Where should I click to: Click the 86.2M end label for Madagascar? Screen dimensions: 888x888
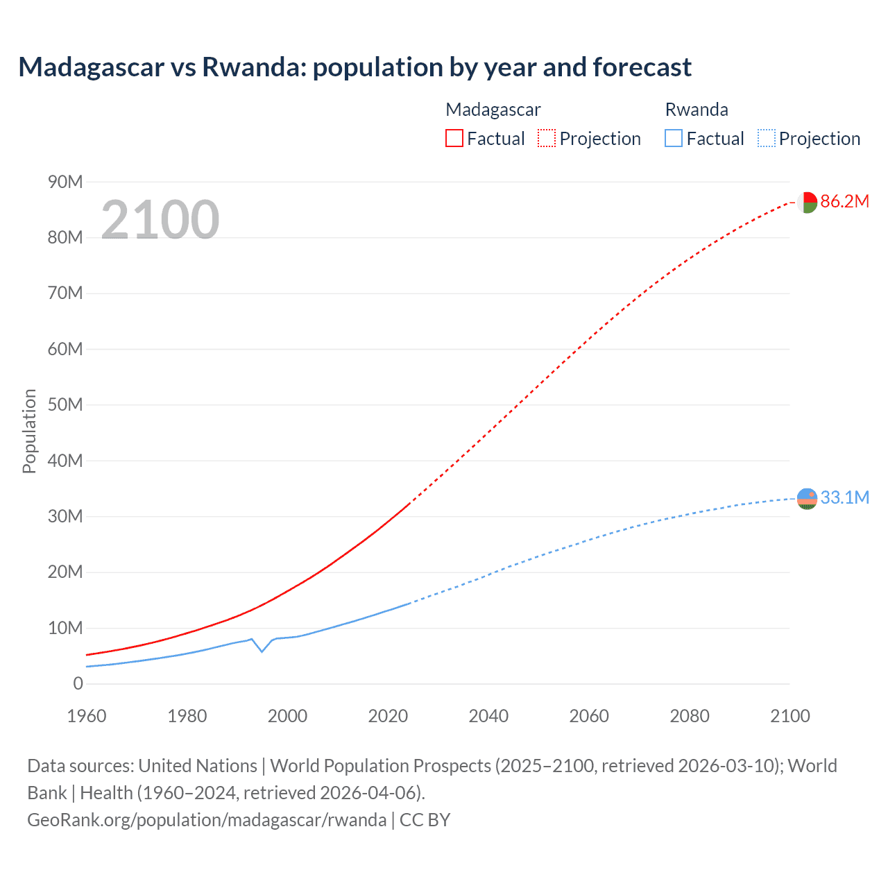click(x=844, y=201)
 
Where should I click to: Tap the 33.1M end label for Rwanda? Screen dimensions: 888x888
click(x=844, y=497)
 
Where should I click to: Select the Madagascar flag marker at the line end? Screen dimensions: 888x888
click(x=807, y=202)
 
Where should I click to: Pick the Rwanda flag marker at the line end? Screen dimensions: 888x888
click(x=807, y=498)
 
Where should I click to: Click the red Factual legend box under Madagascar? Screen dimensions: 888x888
click(x=454, y=138)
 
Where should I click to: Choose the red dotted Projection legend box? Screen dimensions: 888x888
click(x=547, y=138)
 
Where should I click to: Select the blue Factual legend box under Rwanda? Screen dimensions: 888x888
click(x=674, y=138)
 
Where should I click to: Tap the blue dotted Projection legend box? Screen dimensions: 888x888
click(x=766, y=138)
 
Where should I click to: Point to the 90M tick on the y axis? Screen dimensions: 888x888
click(x=65, y=182)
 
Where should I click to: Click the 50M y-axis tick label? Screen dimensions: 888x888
click(x=65, y=404)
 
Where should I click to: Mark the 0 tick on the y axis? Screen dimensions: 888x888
click(x=78, y=683)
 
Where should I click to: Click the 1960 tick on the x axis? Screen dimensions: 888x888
click(x=87, y=716)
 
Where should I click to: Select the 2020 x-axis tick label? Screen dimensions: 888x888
click(x=388, y=716)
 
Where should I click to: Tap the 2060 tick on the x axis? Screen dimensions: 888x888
click(x=589, y=716)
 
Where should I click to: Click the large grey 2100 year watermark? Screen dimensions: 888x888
click(x=160, y=220)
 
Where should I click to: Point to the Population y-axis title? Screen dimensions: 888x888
click(x=29, y=431)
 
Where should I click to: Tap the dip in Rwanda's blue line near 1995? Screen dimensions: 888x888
click(x=262, y=651)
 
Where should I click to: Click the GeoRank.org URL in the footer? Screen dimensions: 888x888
click(x=207, y=819)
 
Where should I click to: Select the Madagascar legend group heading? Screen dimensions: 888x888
click(x=493, y=110)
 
